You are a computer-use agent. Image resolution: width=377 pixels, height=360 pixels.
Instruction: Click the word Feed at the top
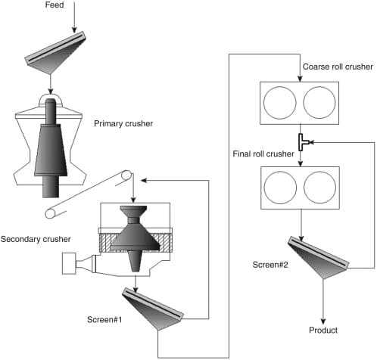[x=55, y=5]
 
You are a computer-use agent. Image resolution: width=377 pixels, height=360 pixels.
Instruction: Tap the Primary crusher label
[x=123, y=123]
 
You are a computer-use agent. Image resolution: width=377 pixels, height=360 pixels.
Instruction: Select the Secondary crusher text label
[x=36, y=239]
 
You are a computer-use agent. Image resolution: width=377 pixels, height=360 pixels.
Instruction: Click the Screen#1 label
[x=104, y=320]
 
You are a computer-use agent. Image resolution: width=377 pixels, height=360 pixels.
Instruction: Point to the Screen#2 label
[x=270, y=265]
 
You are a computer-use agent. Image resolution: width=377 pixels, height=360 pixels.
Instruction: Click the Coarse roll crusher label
[x=338, y=67]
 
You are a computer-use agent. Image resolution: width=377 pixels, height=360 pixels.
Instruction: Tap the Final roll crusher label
[x=263, y=154]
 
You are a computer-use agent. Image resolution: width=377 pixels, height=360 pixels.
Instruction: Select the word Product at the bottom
[x=323, y=330]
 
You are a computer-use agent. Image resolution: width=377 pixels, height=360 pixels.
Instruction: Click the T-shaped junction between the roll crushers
[x=303, y=142]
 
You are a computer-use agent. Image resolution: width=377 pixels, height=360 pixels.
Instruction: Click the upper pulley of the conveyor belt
[x=126, y=175]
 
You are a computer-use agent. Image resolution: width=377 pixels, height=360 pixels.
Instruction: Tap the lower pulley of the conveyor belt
[x=50, y=213]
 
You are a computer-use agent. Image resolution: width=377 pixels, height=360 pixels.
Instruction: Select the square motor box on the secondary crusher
[x=69, y=263]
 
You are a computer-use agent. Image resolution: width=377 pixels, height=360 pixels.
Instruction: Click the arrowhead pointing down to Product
[x=323, y=321]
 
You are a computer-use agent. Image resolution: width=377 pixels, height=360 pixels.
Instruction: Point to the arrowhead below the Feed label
[x=74, y=29]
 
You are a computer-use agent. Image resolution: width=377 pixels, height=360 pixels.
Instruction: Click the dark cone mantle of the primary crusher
[x=51, y=150]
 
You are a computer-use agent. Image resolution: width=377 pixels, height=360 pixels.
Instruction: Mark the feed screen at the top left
[x=55, y=52]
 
